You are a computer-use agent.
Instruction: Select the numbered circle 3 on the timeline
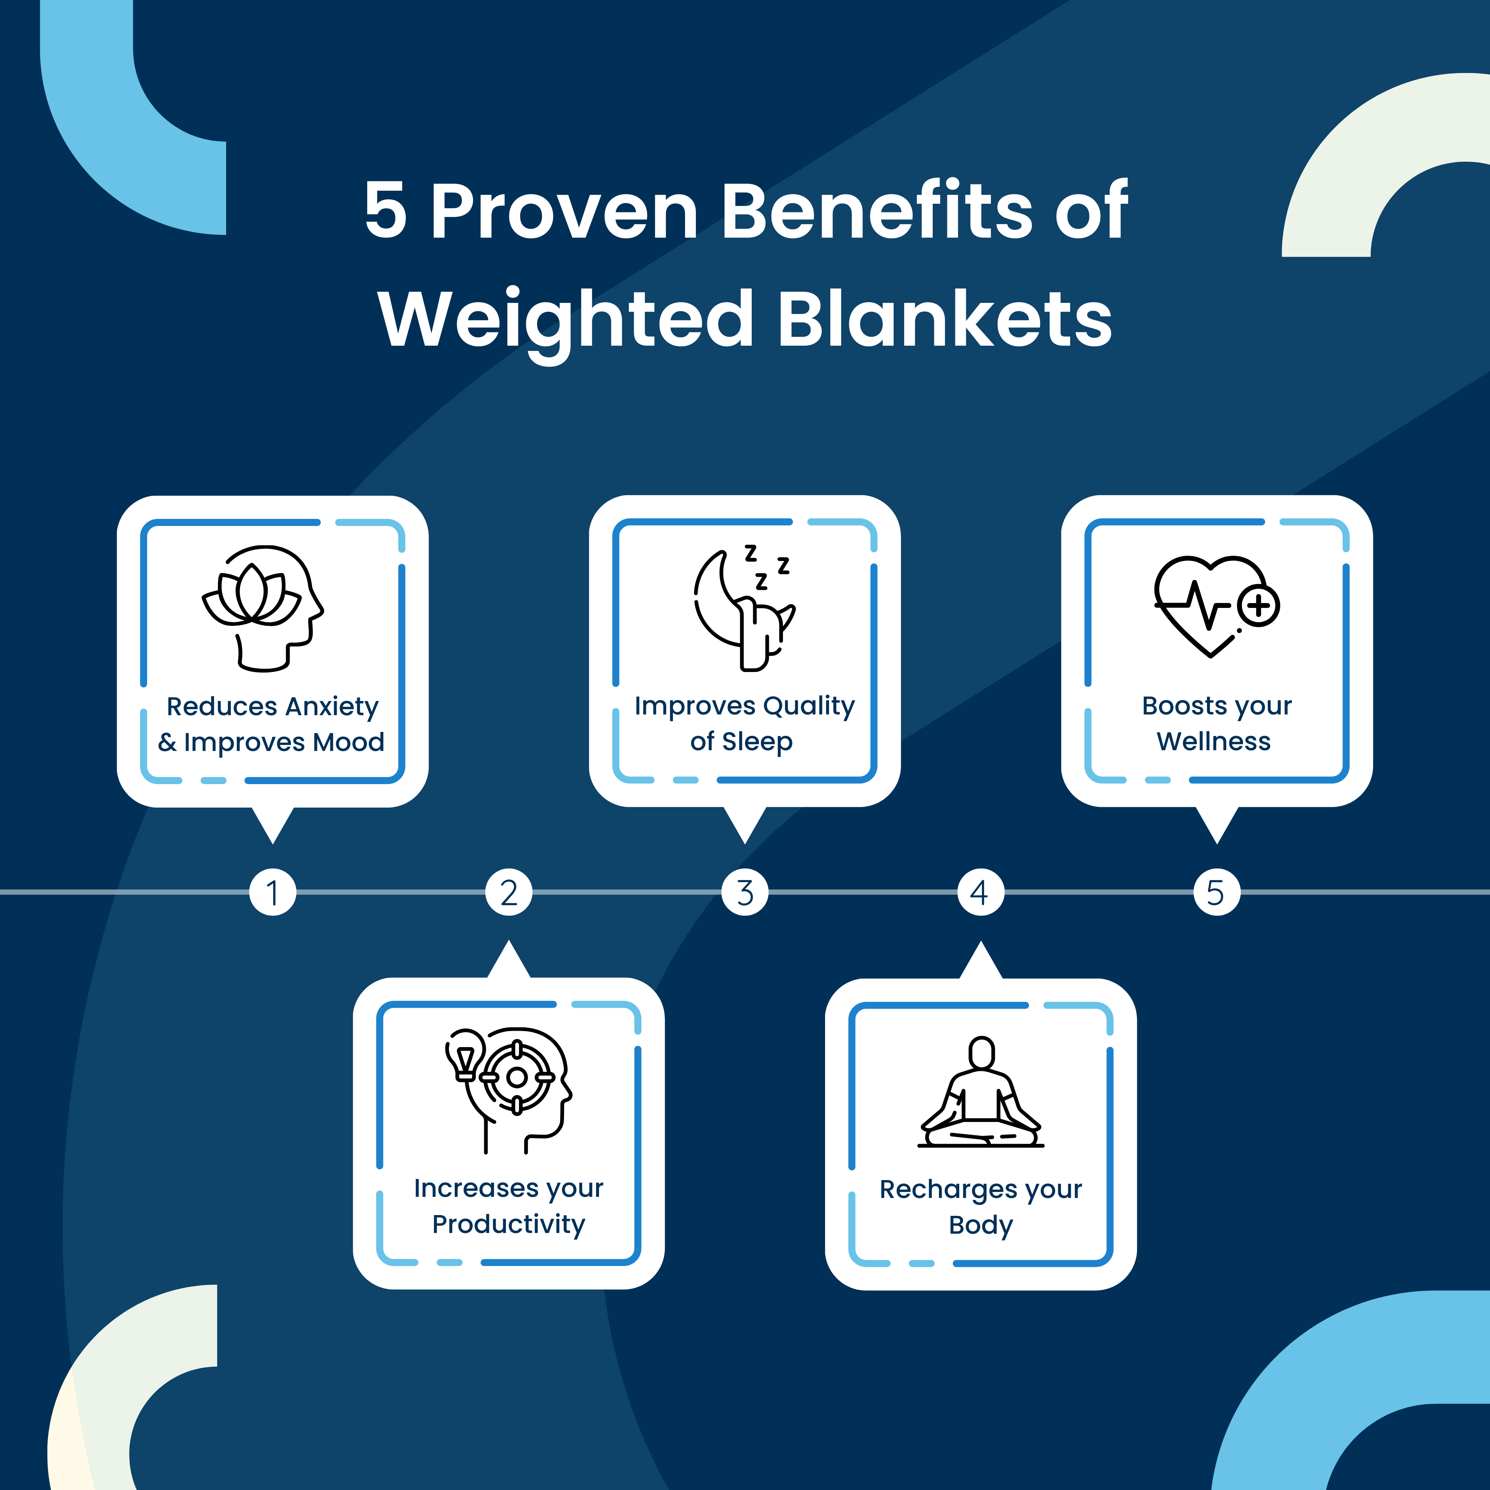(745, 892)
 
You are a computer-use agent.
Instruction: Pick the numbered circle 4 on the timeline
(980, 892)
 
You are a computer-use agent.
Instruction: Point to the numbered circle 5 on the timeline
(1216, 892)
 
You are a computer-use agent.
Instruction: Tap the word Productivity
(509, 1225)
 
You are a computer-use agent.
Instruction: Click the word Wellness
(1213, 742)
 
